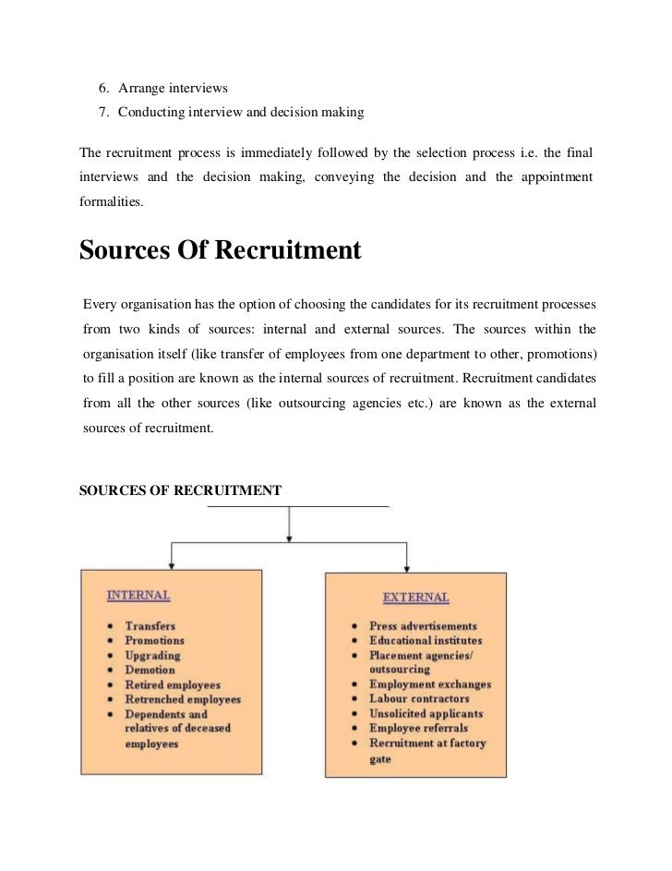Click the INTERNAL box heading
(138, 595)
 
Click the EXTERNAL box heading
(415, 598)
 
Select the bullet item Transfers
(150, 625)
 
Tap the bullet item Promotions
(154, 640)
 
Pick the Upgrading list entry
(152, 655)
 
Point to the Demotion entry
(150, 670)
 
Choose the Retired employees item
(173, 684)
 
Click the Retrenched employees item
(182, 699)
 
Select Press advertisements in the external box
(423, 626)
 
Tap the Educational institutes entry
(425, 640)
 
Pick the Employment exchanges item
(429, 684)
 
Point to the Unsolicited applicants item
(426, 714)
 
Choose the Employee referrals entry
(420, 729)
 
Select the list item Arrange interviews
(173, 89)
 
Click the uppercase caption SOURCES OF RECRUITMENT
(181, 490)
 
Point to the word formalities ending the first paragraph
(112, 200)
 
